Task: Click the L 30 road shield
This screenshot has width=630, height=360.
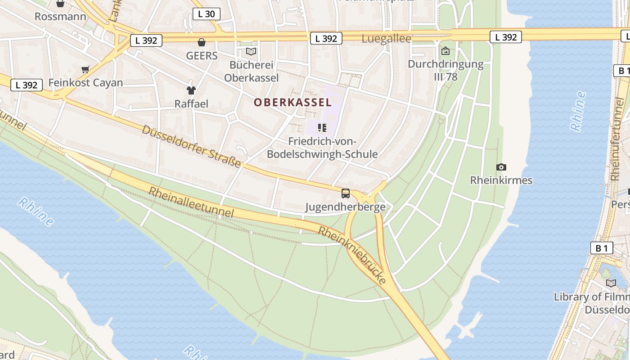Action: click(206, 14)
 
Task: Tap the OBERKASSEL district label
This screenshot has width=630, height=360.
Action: click(292, 102)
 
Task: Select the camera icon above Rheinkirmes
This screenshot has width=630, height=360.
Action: click(501, 167)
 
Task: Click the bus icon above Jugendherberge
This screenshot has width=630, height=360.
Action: click(346, 193)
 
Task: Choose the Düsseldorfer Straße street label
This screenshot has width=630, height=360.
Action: click(192, 146)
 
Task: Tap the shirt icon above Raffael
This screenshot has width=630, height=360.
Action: click(191, 90)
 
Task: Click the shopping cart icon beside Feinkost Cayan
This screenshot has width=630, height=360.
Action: click(85, 69)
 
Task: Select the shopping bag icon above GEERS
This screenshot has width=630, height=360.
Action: click(202, 42)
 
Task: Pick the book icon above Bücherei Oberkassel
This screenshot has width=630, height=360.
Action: click(251, 52)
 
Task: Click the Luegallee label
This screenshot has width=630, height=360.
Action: click(387, 39)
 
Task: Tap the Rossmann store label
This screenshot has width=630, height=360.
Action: click(60, 17)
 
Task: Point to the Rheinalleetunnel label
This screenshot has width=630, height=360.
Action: click(191, 202)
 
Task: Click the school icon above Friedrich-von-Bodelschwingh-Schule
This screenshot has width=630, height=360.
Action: click(322, 128)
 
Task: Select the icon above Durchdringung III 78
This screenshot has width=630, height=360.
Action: click(445, 51)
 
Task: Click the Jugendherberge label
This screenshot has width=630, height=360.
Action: click(345, 207)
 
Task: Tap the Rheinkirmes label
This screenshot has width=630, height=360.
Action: click(501, 180)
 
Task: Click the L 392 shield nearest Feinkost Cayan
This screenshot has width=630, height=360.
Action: click(27, 85)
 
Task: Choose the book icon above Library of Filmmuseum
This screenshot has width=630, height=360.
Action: click(611, 283)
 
